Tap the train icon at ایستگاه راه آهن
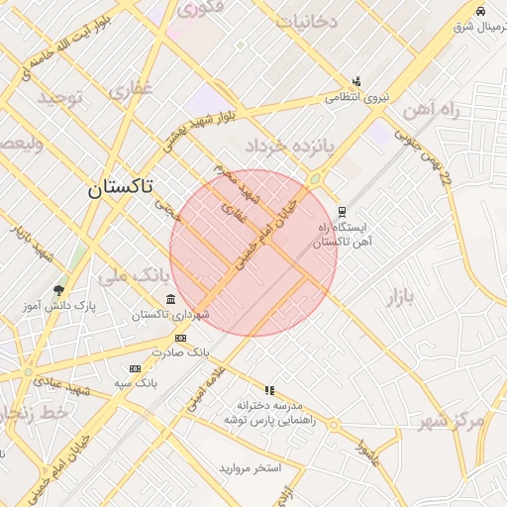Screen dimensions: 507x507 (342, 211)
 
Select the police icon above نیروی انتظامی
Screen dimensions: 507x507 (356, 81)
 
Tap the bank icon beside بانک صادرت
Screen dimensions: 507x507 (179, 338)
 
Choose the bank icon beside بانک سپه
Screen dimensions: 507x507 (135, 368)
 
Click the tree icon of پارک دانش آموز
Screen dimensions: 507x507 (60, 291)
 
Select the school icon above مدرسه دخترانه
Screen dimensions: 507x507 (269, 390)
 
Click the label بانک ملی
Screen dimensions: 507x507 (129, 275)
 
